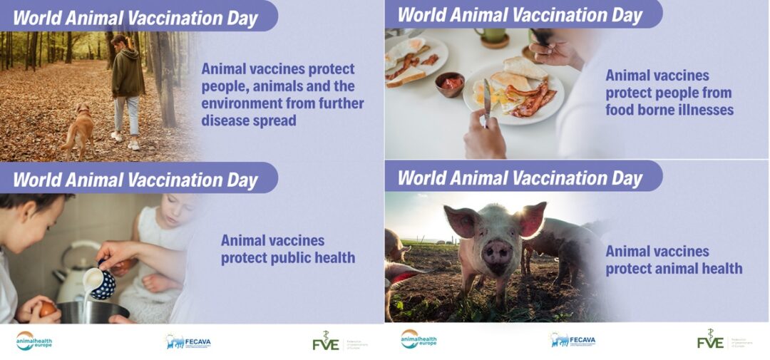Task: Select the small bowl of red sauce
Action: pos(449,83)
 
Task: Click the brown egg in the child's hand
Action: pos(48,309)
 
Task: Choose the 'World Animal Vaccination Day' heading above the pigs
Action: pos(520,178)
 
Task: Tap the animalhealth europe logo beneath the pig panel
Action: pos(419,340)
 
